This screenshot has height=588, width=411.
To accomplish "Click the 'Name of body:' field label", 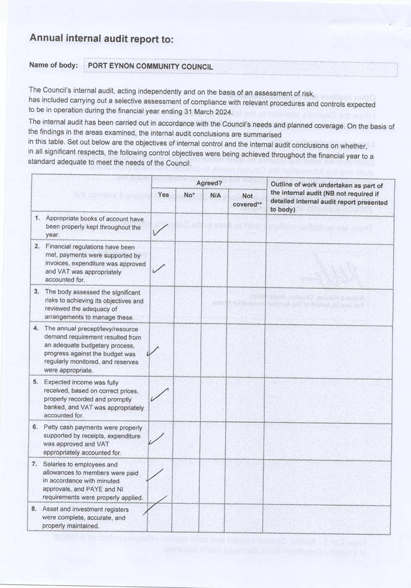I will click(53, 65).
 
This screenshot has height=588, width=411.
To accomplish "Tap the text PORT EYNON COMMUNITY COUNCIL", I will click(150, 66).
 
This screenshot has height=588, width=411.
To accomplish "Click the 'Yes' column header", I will click(163, 195).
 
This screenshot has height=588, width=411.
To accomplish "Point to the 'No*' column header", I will click(189, 195).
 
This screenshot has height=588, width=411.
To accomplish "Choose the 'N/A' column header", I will click(215, 195).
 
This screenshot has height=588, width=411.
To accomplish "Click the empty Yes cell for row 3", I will click(162, 304).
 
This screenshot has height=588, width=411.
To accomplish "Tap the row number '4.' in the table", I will click(36, 328).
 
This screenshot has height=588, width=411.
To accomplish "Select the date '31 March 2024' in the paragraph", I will click(208, 112).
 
